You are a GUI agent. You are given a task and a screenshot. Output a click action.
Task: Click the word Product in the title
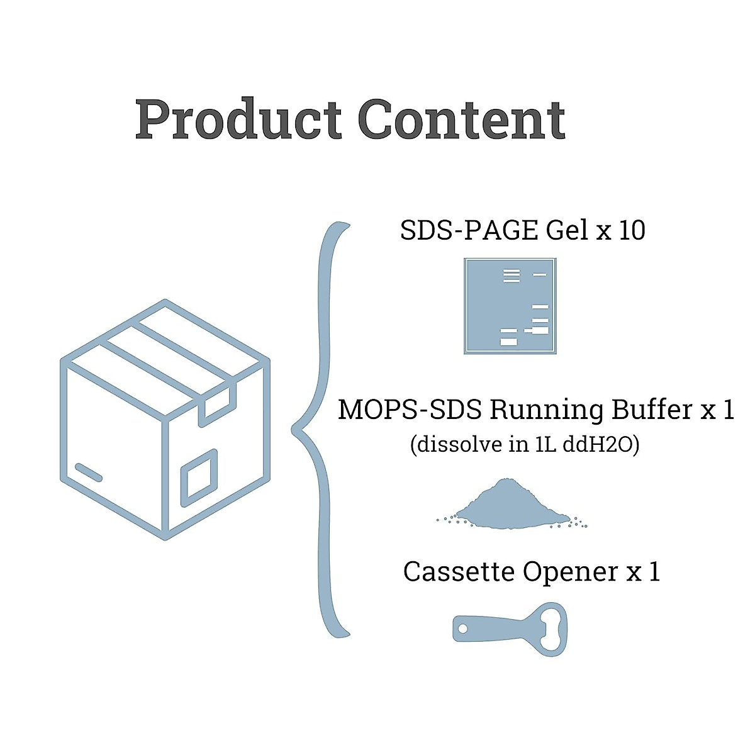click(239, 120)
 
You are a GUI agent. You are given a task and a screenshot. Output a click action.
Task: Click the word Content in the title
click(462, 120)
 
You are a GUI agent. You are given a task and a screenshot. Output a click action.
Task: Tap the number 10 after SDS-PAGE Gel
click(632, 231)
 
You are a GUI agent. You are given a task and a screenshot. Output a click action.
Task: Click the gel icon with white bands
click(510, 306)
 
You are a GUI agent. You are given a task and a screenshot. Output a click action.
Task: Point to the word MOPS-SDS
click(410, 410)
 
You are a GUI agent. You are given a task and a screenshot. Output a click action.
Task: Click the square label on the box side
click(199, 478)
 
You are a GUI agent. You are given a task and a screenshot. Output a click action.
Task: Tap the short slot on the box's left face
click(89, 473)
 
